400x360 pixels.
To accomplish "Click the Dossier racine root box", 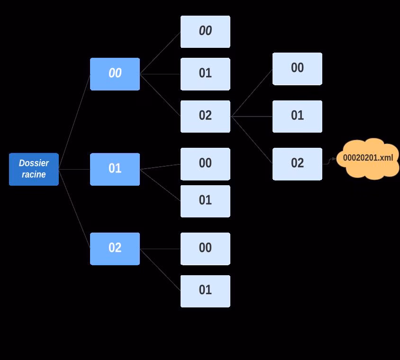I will [x=34, y=169].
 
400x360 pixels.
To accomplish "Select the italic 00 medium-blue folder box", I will [x=115, y=74].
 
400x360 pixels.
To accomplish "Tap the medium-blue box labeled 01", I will [x=115, y=169].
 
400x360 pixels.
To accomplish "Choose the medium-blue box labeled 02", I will [x=115, y=249].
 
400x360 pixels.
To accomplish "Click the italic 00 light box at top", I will [x=205, y=32].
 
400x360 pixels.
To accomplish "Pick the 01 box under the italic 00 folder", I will [x=205, y=74].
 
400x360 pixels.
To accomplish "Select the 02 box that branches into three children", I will [x=205, y=116].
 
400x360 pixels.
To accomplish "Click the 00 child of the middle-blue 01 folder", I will [x=205, y=164].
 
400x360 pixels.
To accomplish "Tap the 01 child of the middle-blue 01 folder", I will [x=205, y=201].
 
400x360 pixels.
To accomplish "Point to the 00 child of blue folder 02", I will [x=205, y=249].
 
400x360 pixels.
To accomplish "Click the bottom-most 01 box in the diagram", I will [x=205, y=291].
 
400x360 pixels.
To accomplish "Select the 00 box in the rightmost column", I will [x=297, y=69].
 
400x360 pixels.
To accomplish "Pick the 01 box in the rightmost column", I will [x=297, y=116].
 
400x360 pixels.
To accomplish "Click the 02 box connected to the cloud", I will [x=297, y=164].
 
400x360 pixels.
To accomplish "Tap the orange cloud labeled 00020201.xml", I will [x=368, y=158].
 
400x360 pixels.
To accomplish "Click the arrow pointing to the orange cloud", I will [x=330, y=161].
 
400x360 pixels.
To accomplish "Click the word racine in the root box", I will [x=34, y=174].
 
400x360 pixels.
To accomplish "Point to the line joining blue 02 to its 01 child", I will [x=160, y=270].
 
